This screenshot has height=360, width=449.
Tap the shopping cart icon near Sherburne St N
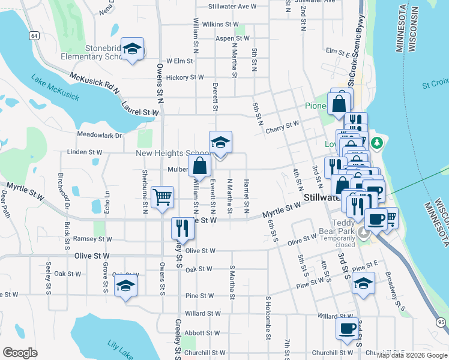pyautogui.click(x=162, y=196)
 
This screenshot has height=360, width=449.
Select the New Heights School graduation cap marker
pyautogui.click(x=220, y=143)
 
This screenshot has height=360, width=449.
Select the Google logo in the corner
pyautogui.click(x=20, y=353)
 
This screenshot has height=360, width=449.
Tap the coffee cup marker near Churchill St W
pyautogui.click(x=347, y=328)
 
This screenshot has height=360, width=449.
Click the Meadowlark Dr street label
pyautogui.click(x=100, y=136)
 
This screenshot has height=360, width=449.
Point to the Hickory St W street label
pyautogui.click(x=185, y=77)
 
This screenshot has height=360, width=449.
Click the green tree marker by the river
pyautogui.click(x=376, y=142)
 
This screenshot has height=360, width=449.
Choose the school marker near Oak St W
pyautogui.click(x=125, y=286)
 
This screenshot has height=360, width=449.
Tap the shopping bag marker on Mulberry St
pyautogui.click(x=199, y=166)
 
